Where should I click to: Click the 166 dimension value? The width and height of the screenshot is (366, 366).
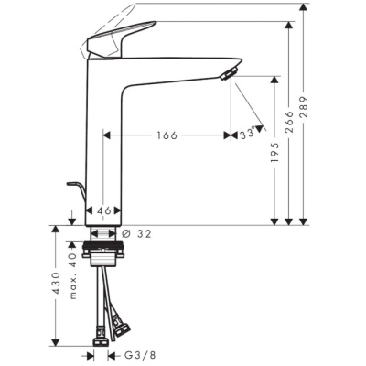click(x=166, y=135)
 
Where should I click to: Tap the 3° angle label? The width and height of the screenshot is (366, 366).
click(x=245, y=135)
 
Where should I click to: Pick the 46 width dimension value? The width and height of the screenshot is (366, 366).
click(x=104, y=211)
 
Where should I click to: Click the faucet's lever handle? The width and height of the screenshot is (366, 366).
click(x=114, y=39)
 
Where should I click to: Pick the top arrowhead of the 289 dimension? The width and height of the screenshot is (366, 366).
click(x=303, y=9)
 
